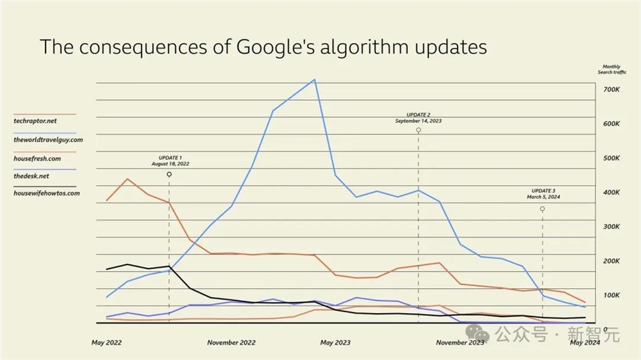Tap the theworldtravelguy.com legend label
[x=48, y=140]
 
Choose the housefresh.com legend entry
[x=37, y=158]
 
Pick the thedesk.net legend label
[x=31, y=176]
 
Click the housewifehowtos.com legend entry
[x=47, y=193]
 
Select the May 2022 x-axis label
[x=106, y=343]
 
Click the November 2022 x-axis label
[x=231, y=343]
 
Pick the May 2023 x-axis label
[x=335, y=343]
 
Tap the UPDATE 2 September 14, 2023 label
[x=418, y=118]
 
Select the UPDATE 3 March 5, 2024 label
[x=544, y=194]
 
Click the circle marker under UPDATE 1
[x=169, y=174]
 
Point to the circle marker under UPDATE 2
[x=419, y=130]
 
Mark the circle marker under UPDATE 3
[x=542, y=209]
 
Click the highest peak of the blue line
[x=314, y=80]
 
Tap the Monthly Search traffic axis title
[x=612, y=70]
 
